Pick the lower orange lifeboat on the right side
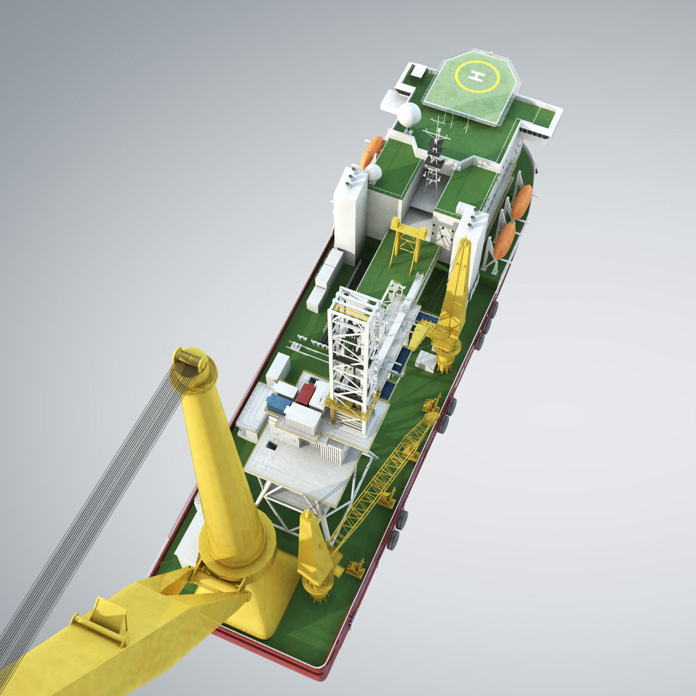point(505,240)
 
